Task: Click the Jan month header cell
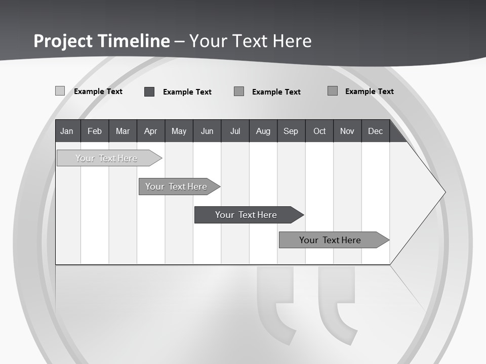tap(67, 131)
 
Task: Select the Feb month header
tap(95, 131)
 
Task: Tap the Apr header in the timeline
tap(150, 131)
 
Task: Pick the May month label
tap(179, 131)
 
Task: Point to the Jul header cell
tap(235, 131)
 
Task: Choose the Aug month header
tap(263, 131)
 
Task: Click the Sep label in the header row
tap(291, 131)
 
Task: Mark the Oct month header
tap(319, 131)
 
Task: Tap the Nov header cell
tap(347, 131)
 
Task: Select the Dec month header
tap(375, 131)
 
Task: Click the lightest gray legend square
tap(60, 91)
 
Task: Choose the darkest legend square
tap(149, 92)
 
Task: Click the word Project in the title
tap(63, 40)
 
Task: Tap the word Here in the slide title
tap(292, 40)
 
